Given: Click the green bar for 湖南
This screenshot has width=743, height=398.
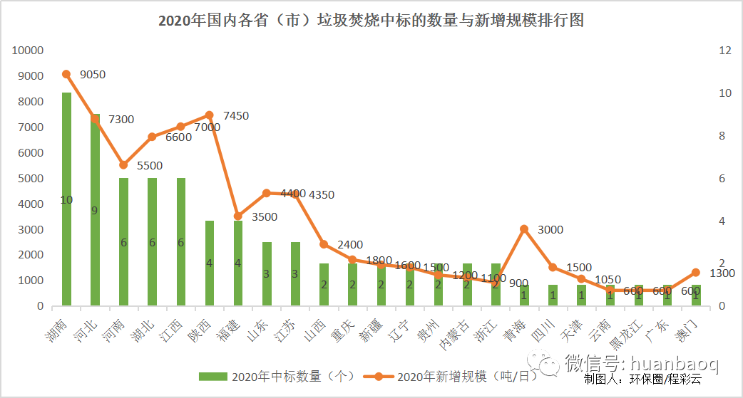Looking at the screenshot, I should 66,235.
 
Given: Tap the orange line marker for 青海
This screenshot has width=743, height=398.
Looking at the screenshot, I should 524,229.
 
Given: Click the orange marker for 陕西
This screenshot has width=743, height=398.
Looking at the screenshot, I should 209,115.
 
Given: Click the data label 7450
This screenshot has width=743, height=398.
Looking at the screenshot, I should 236,115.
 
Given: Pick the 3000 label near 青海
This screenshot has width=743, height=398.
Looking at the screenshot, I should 550,229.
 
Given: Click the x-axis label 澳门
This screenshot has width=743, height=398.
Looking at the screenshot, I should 688,331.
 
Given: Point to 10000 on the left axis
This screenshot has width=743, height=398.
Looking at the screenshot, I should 29,51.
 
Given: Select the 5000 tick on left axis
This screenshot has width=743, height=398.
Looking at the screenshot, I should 31,178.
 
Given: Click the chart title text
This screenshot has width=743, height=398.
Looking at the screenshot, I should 371,21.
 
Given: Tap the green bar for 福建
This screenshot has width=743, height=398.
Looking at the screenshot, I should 238,263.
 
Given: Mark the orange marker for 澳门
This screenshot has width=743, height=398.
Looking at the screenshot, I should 696,272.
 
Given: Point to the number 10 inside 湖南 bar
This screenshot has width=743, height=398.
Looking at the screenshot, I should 66,200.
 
